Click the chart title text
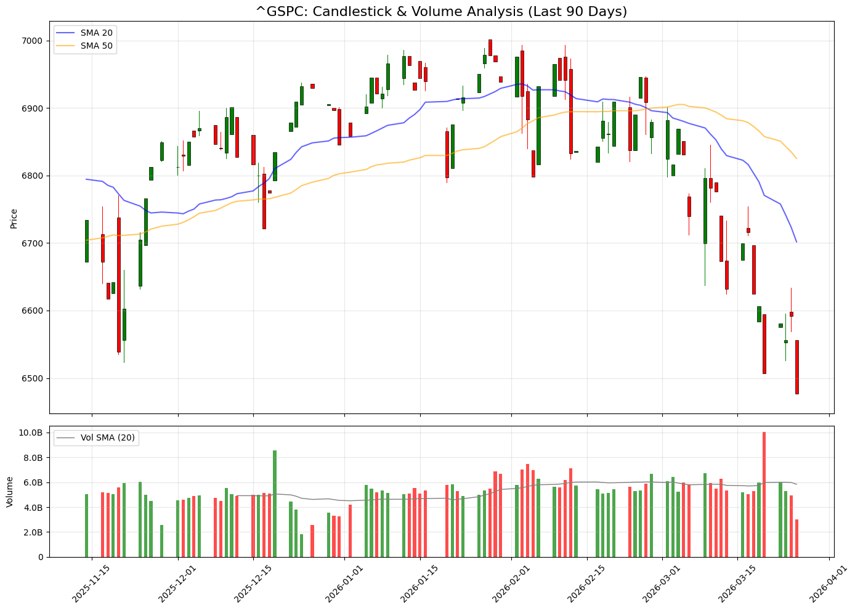441,12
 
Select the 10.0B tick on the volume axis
30,433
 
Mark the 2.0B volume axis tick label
32,532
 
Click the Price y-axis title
14,218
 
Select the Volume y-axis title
9,491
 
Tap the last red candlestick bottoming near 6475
796,367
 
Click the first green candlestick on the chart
86,241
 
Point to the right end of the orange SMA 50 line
796,158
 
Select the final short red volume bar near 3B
796,538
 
